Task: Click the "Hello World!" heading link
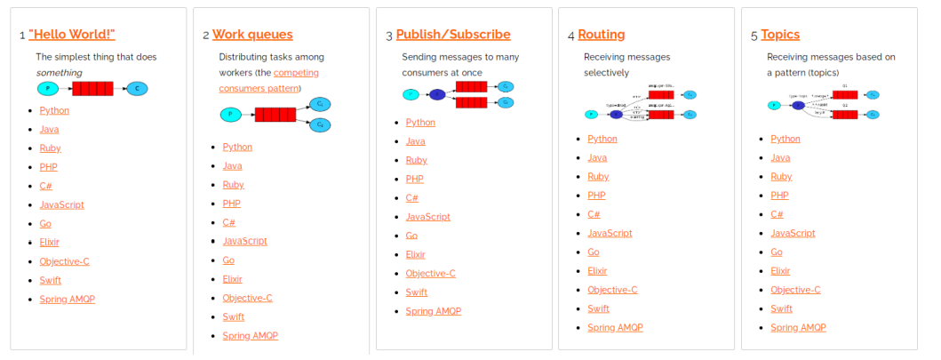click(x=72, y=35)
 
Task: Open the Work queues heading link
click(x=252, y=35)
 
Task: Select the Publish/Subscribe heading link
click(x=453, y=35)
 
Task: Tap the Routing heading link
click(x=602, y=35)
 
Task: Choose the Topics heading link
click(x=780, y=35)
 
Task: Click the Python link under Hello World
click(x=54, y=110)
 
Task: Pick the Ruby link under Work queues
click(x=233, y=185)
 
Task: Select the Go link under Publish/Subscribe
click(x=411, y=236)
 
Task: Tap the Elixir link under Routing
click(x=597, y=271)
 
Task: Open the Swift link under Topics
click(x=781, y=308)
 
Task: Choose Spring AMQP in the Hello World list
click(x=67, y=299)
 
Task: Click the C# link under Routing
click(x=594, y=214)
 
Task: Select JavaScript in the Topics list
click(x=793, y=233)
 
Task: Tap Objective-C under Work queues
click(x=247, y=298)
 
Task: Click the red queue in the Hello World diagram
click(x=92, y=89)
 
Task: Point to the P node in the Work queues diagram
click(x=230, y=115)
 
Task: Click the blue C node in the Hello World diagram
click(x=137, y=89)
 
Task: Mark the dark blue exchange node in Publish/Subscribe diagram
click(x=436, y=94)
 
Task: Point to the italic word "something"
click(x=59, y=72)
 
